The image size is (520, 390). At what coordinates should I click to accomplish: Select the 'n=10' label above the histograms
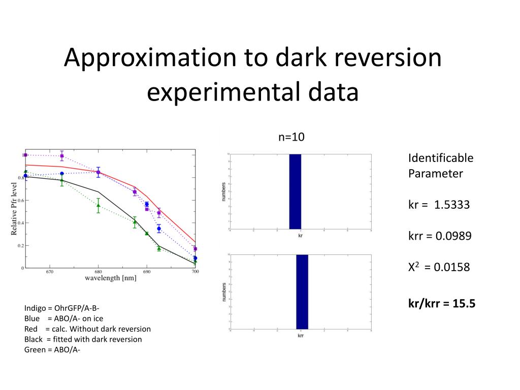pyautogui.click(x=291, y=137)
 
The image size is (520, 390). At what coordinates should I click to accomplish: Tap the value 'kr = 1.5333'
pyautogui.click(x=439, y=205)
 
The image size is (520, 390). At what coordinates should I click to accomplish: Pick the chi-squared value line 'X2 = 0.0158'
pyautogui.click(x=439, y=267)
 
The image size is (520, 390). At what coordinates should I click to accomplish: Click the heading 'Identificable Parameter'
pyautogui.click(x=440, y=166)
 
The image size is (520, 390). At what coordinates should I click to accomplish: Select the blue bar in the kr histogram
pyautogui.click(x=295, y=191)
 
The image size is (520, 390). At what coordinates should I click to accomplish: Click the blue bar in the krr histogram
pyautogui.click(x=302, y=291)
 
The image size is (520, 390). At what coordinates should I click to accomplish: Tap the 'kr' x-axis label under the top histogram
pyautogui.click(x=300, y=236)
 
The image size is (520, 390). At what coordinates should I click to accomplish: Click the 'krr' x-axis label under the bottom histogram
pyautogui.click(x=301, y=336)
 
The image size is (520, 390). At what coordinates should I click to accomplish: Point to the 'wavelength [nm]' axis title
pyautogui.click(x=110, y=278)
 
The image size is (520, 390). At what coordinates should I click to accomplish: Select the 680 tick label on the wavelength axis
pyautogui.click(x=98, y=272)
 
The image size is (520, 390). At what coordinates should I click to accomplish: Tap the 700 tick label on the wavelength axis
pyautogui.click(x=195, y=272)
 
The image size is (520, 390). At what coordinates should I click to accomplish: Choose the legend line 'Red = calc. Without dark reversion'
pyautogui.click(x=87, y=329)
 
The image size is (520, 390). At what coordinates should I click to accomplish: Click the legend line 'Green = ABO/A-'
pyautogui.click(x=52, y=349)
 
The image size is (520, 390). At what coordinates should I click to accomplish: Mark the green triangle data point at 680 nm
pyautogui.click(x=98, y=205)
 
